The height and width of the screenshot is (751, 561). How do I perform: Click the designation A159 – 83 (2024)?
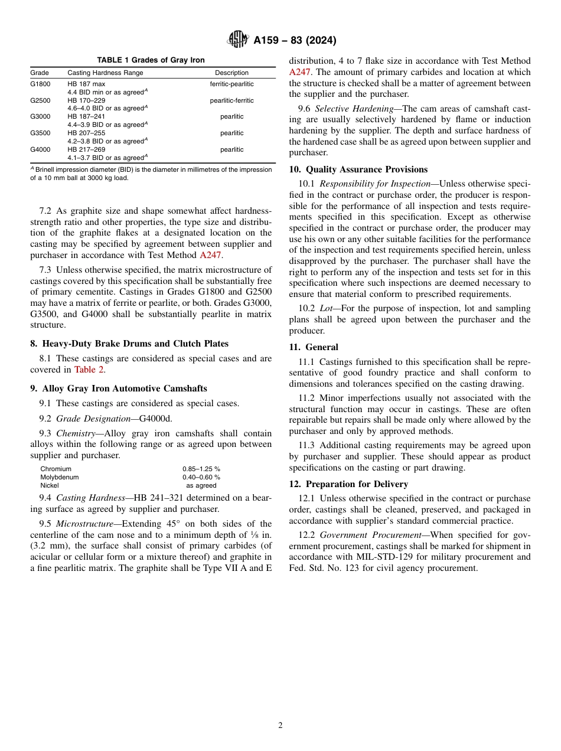[295, 41]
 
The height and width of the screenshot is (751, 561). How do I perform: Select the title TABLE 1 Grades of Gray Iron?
[151, 60]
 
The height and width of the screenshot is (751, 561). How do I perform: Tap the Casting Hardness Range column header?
[105, 73]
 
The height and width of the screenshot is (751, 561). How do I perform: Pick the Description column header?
[231, 73]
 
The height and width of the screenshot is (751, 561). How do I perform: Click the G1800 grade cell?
[40, 84]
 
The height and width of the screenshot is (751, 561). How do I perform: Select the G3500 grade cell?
[40, 133]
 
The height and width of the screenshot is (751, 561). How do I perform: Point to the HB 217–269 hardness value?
[86, 150]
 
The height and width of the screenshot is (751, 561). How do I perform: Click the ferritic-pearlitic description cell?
[231, 84]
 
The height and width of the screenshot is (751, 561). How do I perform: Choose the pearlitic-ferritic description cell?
[231, 100]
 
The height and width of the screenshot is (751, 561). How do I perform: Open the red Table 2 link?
[89, 370]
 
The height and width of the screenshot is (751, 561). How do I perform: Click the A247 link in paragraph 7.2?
[210, 255]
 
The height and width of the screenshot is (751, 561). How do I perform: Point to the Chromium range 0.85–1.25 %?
[201, 469]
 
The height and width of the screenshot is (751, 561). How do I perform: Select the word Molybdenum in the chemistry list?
[59, 477]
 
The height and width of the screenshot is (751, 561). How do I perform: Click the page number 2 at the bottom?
[280, 726]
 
